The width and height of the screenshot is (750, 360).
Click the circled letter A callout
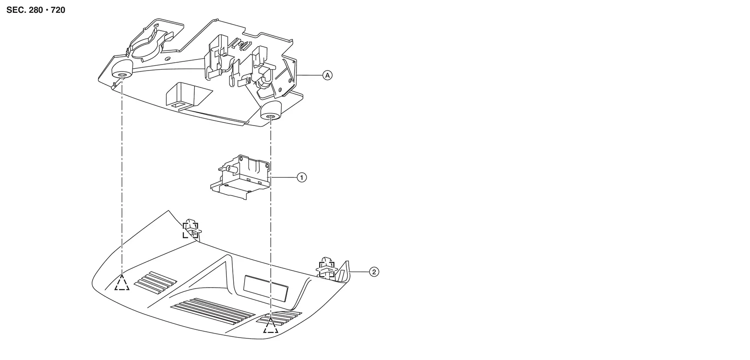328,75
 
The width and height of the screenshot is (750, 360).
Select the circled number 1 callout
301,177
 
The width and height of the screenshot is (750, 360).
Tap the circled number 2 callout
374,272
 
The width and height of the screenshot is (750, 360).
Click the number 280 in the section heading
36,10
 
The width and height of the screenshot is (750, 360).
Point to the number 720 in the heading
58,10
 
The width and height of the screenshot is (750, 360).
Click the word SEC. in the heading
16,10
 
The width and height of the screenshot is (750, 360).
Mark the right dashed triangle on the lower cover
270,325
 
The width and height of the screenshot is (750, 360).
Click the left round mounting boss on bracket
121,70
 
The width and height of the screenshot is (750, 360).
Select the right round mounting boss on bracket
271,111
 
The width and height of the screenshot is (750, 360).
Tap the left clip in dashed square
191,229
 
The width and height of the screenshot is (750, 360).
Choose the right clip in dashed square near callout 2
327,267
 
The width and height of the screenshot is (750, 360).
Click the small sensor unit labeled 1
241,177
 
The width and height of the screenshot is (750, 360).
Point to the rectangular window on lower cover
266,288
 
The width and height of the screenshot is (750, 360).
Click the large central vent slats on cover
213,311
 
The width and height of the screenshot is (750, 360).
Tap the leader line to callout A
310,75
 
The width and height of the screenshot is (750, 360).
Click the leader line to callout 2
359,272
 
